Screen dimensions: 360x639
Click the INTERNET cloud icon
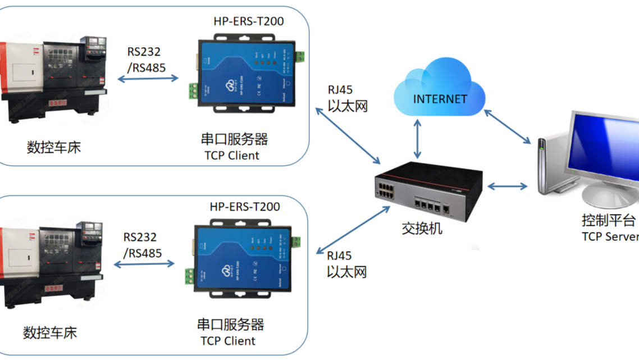coord(440,90)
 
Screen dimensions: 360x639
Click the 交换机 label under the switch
coord(422,228)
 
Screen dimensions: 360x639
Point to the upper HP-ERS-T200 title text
coord(249,21)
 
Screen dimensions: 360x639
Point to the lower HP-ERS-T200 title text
coord(245,207)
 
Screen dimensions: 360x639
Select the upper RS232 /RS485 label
coord(144,58)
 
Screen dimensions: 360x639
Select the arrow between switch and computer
coord(507,186)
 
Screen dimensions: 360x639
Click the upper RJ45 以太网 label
coord(347,98)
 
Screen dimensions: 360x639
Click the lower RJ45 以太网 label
coord(346,264)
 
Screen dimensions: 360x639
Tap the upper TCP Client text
coord(232,156)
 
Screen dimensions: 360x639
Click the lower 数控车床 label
coord(49,332)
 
